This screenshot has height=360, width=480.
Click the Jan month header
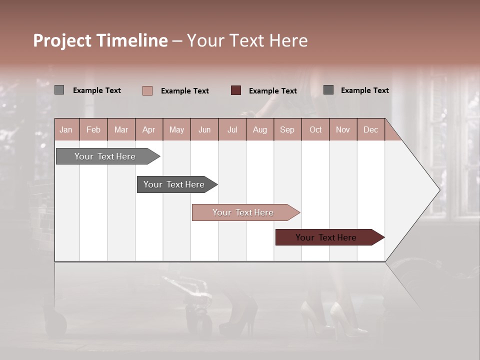coord(66,129)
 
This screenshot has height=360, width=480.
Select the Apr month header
coord(148,129)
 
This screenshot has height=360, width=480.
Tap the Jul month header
coord(232,129)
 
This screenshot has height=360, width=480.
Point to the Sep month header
coord(287,129)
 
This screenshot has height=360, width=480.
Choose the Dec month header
coord(370,129)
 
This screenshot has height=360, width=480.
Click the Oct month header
coord(315,129)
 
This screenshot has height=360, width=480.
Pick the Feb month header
coord(93,129)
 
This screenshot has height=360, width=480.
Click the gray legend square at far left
coord(59,90)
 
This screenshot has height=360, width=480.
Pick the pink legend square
coord(147,90)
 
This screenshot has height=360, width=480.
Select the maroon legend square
coord(236,90)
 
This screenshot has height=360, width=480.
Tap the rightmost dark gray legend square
coord(328,90)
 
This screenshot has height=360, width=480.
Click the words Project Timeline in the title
coord(100,40)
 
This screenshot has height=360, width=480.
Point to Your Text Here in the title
coord(247,40)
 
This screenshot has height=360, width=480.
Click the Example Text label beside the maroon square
coord(272,91)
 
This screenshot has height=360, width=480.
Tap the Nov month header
coord(343,129)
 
